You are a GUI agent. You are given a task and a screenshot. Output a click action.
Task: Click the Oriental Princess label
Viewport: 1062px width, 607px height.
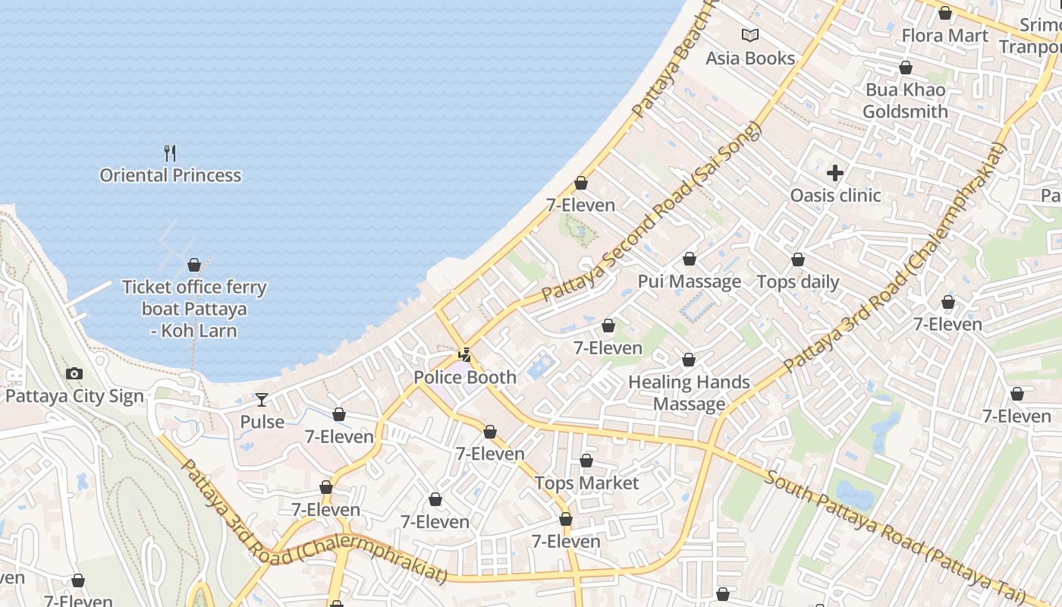point(171,175)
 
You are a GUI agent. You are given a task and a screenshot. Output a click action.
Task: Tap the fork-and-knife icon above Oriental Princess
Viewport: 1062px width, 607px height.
point(170,153)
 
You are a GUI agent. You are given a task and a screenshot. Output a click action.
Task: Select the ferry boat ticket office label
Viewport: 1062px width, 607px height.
point(194,309)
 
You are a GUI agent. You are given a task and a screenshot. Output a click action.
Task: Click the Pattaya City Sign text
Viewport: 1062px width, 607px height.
point(74,396)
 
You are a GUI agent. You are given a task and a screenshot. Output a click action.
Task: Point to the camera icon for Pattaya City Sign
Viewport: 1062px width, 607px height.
point(74,373)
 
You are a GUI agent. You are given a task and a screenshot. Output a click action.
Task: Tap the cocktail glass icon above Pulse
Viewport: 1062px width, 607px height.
point(262,399)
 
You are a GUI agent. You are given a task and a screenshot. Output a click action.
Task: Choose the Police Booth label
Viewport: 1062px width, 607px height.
point(464,377)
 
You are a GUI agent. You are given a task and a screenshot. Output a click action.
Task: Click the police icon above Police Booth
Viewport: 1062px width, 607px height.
point(464,354)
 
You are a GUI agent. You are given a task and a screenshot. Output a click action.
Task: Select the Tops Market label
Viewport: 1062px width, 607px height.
point(586,483)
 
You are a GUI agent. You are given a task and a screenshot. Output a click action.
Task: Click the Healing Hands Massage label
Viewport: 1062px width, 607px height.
point(689,393)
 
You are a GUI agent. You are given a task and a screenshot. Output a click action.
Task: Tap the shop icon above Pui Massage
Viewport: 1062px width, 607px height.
point(689,259)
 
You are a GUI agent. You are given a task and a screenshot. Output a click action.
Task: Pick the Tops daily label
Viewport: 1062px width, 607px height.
point(798,282)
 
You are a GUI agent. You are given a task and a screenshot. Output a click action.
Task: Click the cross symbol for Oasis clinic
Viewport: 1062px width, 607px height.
point(835,173)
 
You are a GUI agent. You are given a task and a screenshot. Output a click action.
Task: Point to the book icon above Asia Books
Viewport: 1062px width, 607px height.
point(749,35)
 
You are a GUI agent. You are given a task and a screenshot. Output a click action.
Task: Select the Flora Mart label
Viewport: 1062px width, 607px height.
point(944,36)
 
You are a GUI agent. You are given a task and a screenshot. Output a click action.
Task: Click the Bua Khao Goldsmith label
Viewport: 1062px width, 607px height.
point(905,101)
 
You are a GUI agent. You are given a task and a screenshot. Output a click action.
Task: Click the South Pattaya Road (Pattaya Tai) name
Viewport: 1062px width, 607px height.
point(895,533)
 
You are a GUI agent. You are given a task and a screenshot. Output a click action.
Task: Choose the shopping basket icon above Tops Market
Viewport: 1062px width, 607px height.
point(586,461)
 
